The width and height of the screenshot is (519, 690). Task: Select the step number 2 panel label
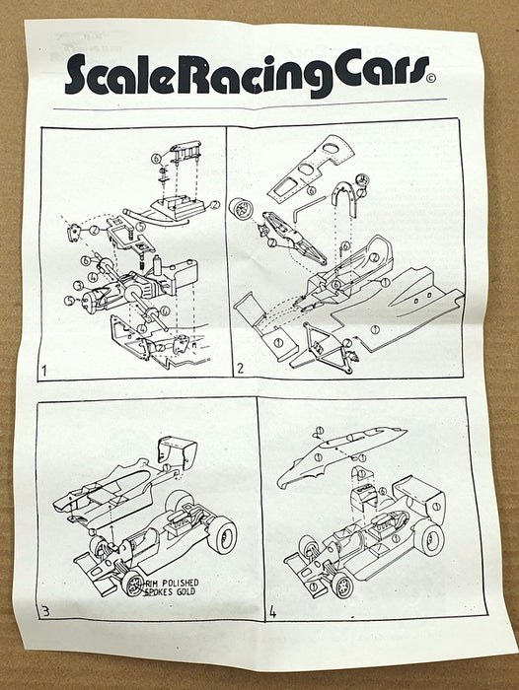[240, 371]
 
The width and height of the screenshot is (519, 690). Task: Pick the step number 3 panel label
[45, 611]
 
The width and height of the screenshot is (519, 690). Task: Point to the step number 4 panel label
[271, 611]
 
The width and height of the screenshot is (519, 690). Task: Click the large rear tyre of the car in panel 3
[222, 534]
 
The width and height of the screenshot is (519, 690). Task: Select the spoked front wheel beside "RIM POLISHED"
[132, 583]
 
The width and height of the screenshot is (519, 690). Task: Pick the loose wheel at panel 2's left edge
[240, 210]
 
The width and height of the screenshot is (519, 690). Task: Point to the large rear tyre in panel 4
[429, 537]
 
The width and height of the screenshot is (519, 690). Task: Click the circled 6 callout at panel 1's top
[156, 158]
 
